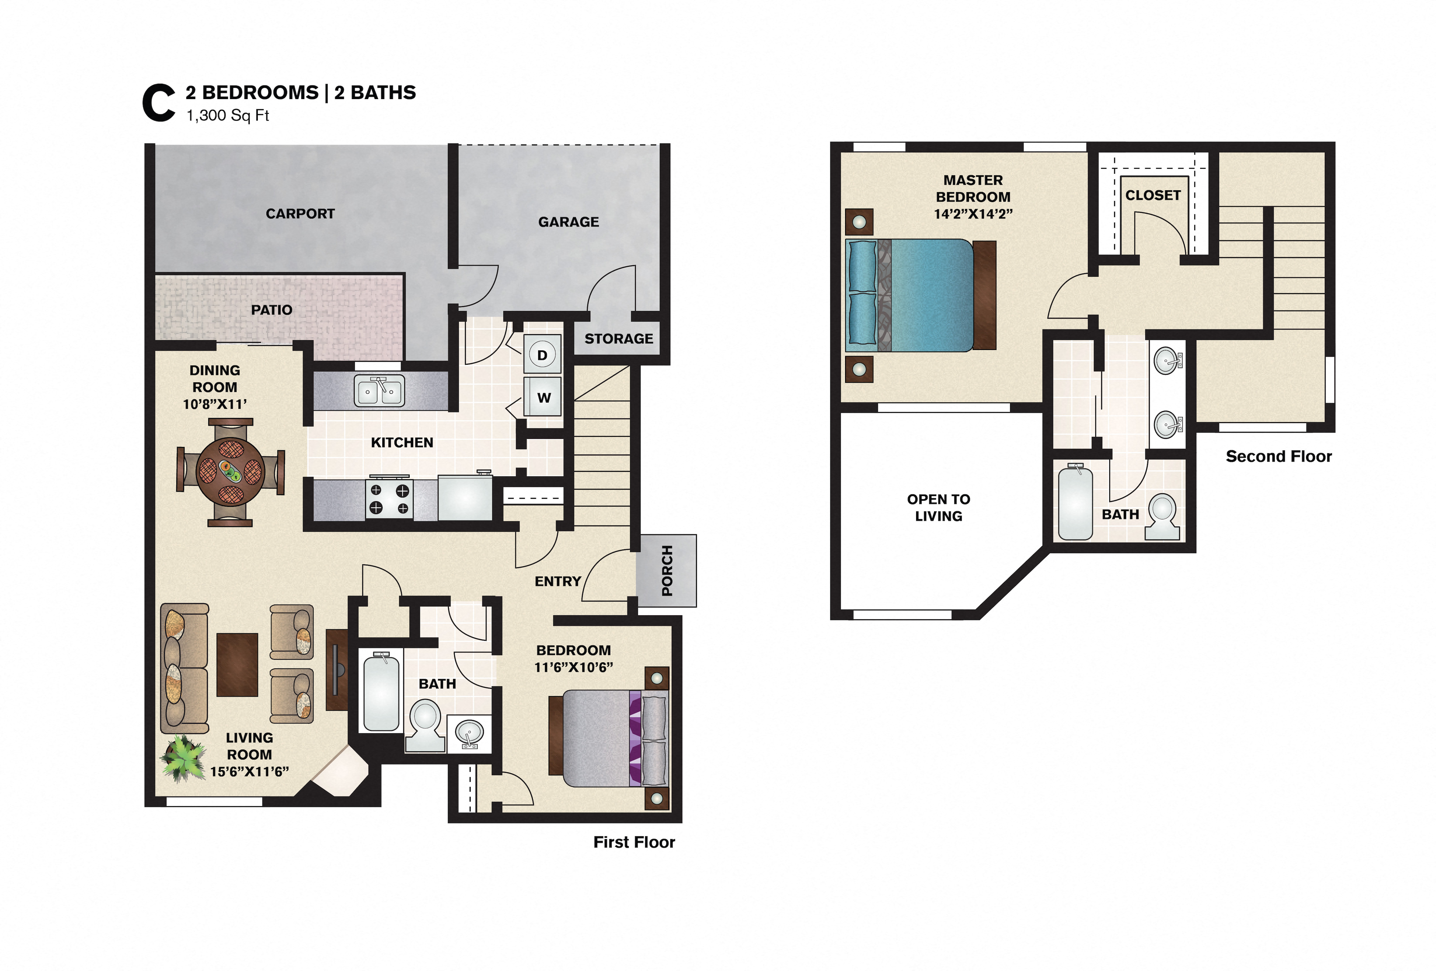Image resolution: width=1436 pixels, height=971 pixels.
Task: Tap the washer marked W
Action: coord(542,397)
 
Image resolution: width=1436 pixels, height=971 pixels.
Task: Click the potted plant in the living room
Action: coord(183,757)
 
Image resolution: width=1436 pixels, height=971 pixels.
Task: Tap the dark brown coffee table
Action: coord(237,665)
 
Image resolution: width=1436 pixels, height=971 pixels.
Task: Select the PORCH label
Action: coord(667,571)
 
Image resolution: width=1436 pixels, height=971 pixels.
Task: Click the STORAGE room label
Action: coord(619,339)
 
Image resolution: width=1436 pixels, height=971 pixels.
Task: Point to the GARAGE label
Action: coord(568,222)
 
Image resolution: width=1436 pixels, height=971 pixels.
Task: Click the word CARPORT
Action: coord(300,214)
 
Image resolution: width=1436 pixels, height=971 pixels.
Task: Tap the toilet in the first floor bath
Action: coord(425,725)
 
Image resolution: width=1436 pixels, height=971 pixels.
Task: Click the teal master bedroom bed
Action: coord(921,295)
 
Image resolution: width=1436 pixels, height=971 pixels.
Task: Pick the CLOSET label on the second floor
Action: coord(1153,195)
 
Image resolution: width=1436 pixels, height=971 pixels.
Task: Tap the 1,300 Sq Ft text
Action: coord(228,116)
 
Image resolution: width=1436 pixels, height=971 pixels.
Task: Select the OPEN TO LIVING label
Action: coord(938,508)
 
